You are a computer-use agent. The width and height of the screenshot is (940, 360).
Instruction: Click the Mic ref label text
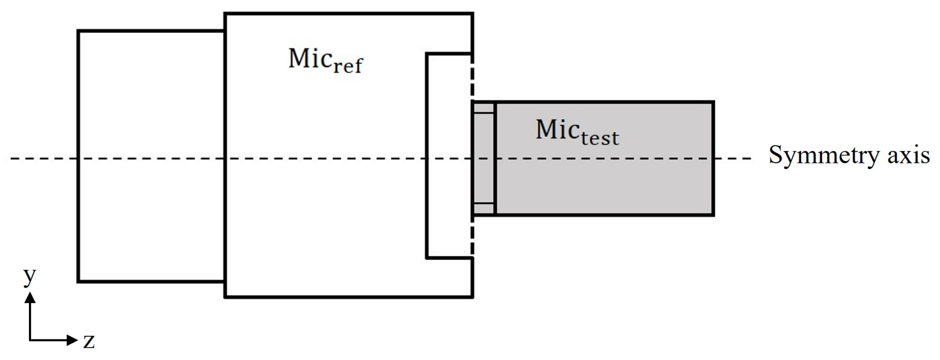(326, 60)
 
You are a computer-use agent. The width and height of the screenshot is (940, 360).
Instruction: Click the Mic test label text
(577, 132)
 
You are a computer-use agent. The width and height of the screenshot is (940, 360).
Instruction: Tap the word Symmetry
(823, 155)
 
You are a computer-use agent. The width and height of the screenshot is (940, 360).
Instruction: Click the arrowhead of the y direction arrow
(30, 297)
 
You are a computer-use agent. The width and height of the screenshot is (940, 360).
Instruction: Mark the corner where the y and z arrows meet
(30, 340)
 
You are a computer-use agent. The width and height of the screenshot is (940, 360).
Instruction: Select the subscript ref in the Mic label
(348, 66)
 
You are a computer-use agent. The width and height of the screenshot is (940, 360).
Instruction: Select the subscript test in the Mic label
(600, 138)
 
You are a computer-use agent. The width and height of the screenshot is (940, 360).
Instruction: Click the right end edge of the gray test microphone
(713, 158)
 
